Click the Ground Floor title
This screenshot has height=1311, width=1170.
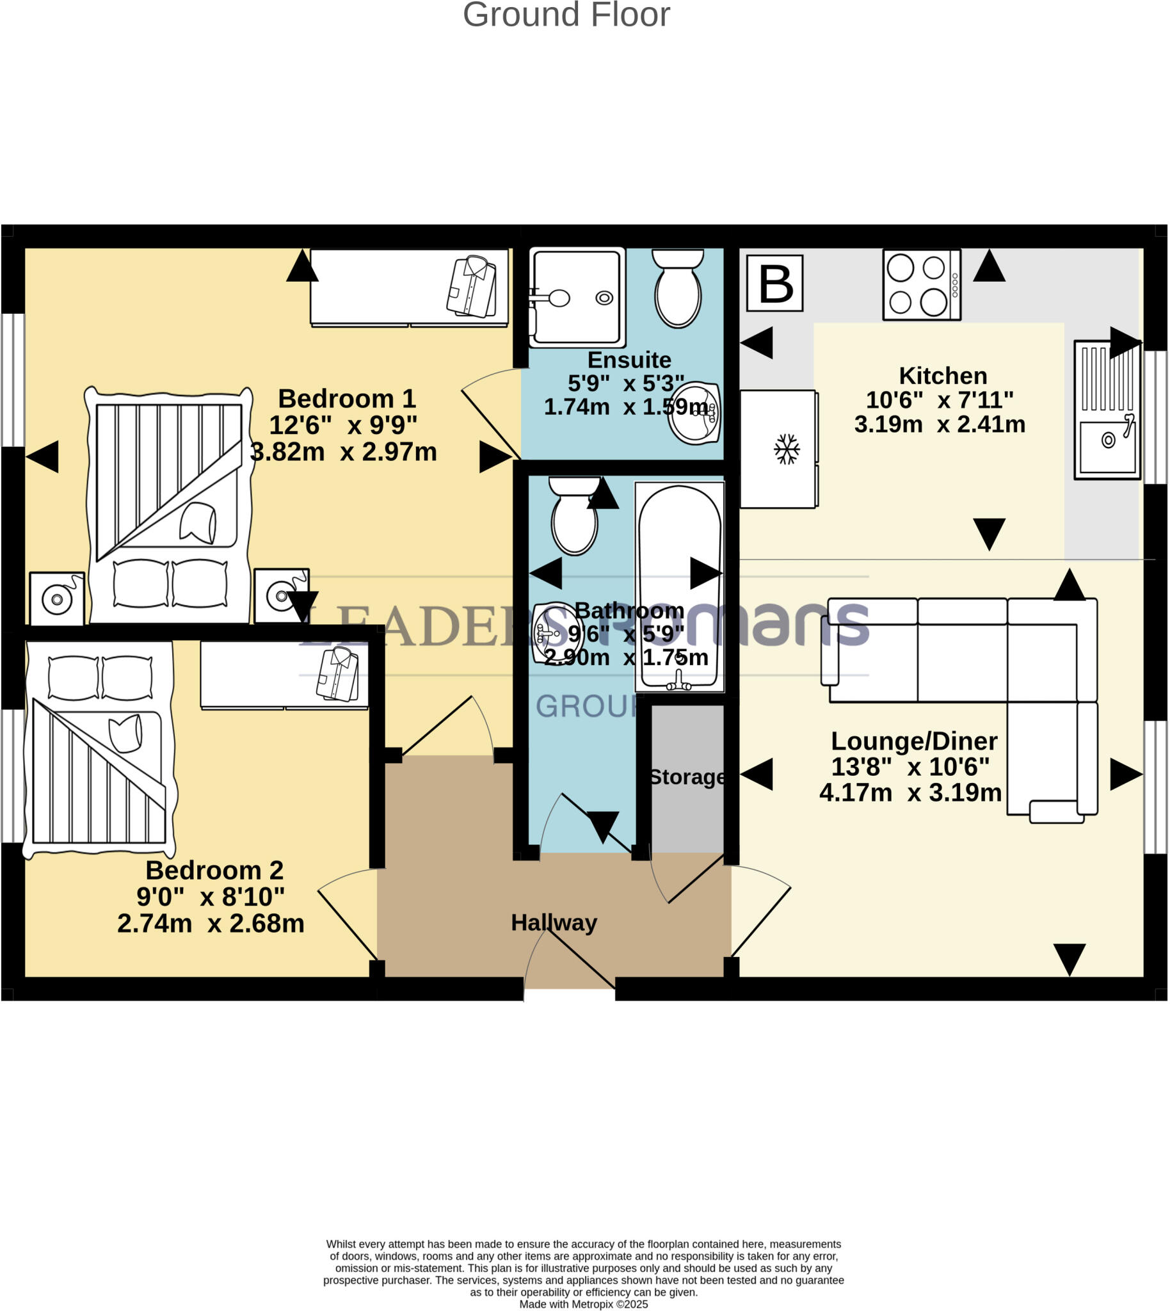tap(566, 15)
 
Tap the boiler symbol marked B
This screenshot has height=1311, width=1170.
tap(774, 284)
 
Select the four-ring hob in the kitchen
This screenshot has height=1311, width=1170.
tap(921, 285)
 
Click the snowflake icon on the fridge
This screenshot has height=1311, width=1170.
tap(786, 449)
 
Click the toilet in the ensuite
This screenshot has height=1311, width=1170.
tap(678, 289)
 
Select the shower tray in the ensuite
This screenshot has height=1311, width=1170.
tap(577, 297)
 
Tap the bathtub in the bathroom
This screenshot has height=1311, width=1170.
tap(679, 586)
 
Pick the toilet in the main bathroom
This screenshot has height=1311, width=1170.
tap(574, 516)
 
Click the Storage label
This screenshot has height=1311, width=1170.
tap(687, 777)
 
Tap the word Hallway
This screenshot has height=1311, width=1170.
tap(554, 922)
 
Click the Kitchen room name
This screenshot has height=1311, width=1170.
tap(942, 376)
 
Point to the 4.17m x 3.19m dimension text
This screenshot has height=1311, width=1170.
tap(910, 792)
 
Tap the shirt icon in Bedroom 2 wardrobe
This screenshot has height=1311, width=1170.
tap(337, 674)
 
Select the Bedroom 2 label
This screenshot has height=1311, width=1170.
tap(214, 871)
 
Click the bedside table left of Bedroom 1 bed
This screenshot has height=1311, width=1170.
tap(56, 598)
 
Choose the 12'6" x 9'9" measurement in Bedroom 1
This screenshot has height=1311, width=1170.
tap(342, 425)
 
